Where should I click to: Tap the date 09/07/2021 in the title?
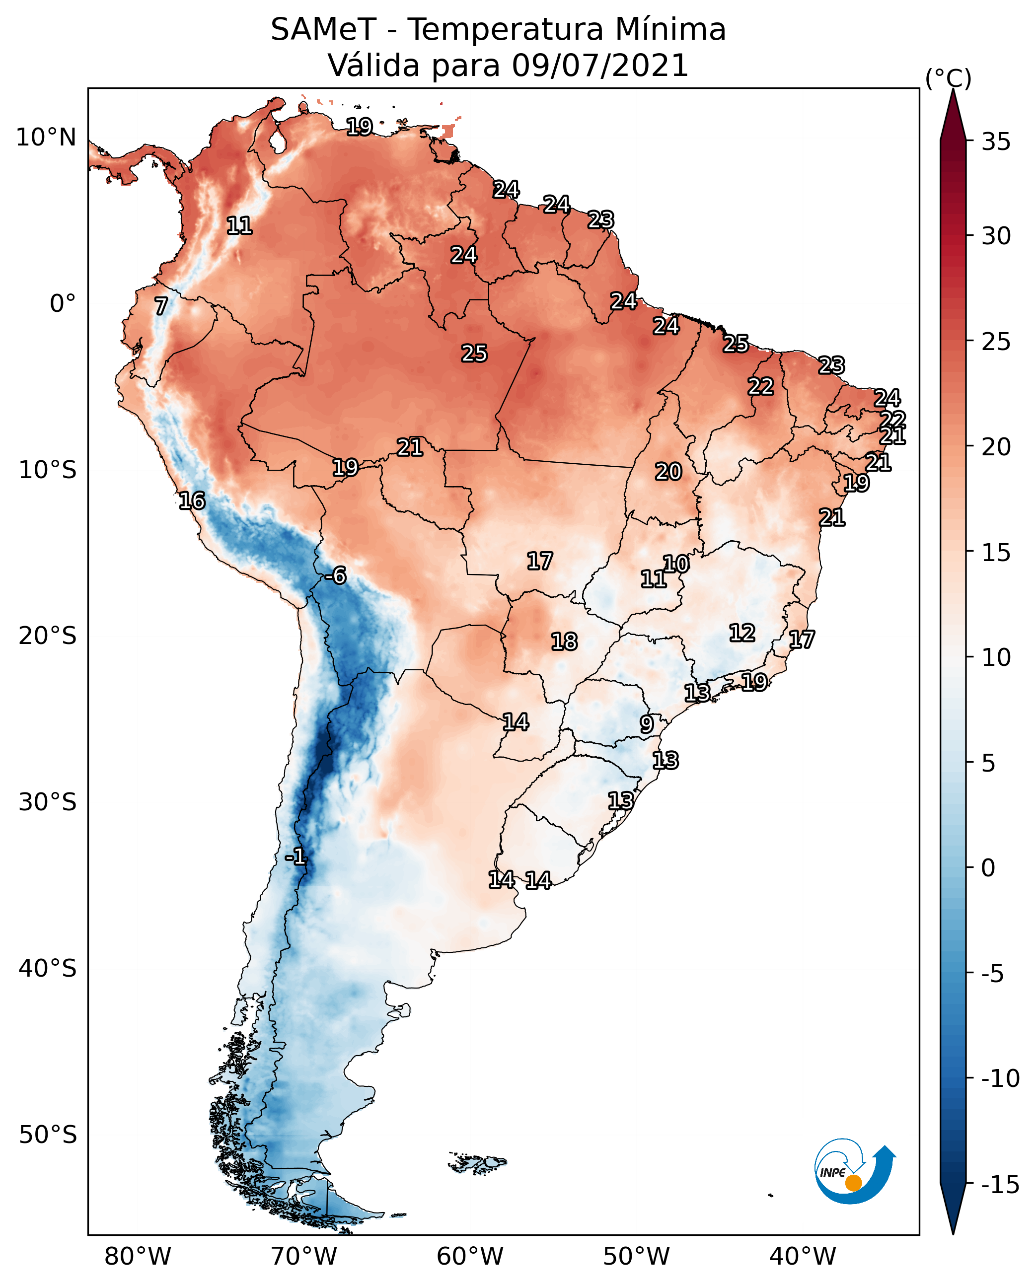coord(600,66)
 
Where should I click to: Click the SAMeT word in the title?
coord(323,30)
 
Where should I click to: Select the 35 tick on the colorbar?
coord(996,142)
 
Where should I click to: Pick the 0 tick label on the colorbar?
coord(988,868)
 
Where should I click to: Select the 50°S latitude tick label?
coord(48,1136)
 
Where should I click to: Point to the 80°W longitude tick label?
coord(138,1257)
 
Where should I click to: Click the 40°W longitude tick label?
coord(803,1257)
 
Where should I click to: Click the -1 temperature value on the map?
coord(296,857)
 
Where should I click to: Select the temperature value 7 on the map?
coord(161,306)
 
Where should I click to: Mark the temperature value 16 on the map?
coord(192,501)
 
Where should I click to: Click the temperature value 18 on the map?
coord(564,642)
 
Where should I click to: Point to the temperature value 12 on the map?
coord(742,633)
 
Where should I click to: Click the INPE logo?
coord(855,1171)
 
